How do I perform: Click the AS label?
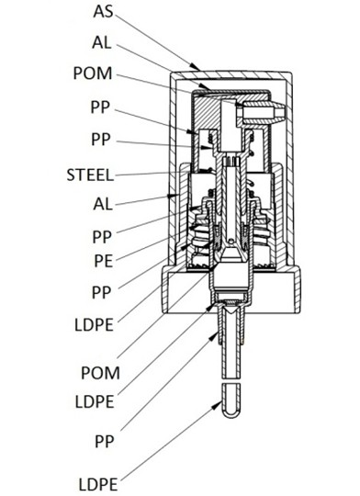click(103, 12)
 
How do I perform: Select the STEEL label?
click(90, 175)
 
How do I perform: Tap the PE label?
click(104, 261)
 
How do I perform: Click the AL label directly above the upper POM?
click(102, 42)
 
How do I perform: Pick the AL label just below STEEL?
click(103, 204)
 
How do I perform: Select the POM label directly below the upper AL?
click(93, 73)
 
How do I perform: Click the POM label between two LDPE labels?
click(101, 373)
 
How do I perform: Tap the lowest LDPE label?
click(98, 485)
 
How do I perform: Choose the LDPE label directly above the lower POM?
click(94, 325)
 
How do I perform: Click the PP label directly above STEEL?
click(101, 140)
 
